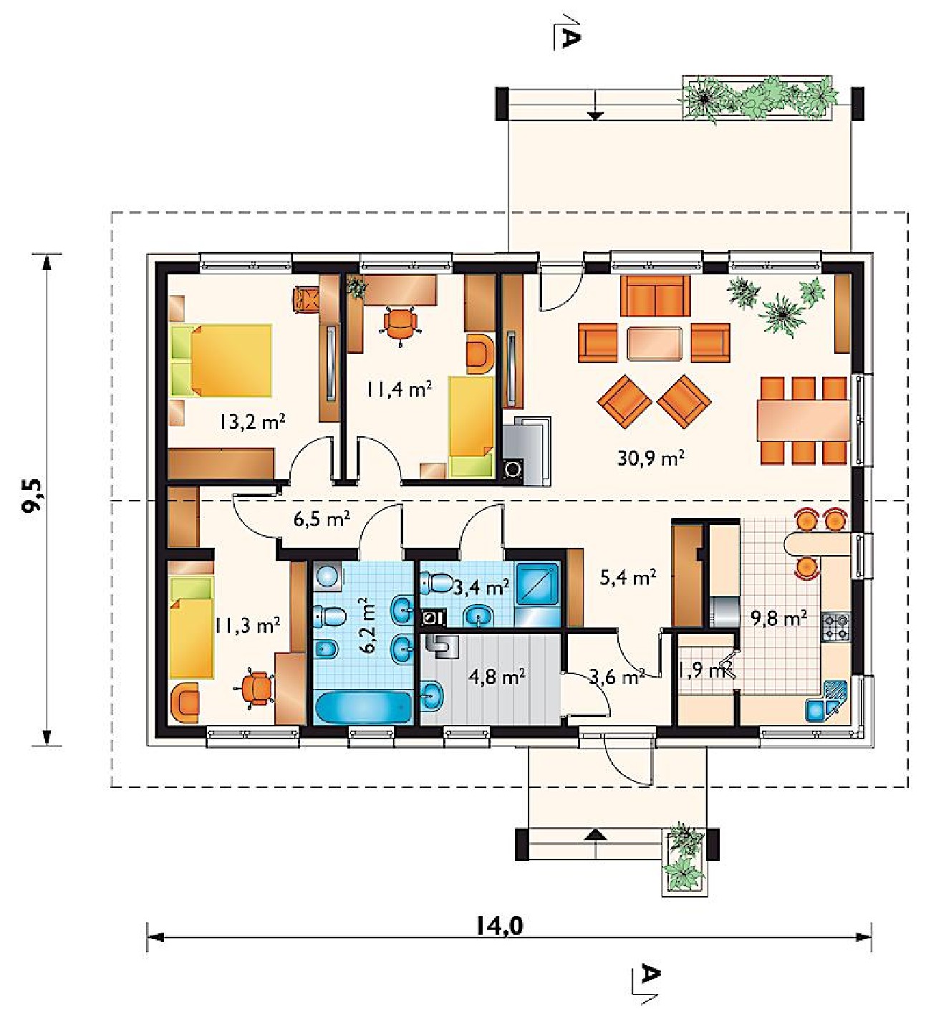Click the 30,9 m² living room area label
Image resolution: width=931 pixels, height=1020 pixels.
650,458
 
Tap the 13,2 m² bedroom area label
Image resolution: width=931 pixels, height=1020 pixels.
252,421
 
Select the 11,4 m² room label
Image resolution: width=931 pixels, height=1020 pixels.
399,390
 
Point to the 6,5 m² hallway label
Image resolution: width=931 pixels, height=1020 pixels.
322,519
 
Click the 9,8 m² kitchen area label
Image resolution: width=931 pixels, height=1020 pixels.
779,618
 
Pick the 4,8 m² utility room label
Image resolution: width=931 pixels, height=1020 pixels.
496,677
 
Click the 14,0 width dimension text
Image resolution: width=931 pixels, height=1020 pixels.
500,926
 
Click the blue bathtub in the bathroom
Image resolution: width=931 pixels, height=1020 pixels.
364,707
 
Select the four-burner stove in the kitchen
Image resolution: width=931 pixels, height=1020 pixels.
836,627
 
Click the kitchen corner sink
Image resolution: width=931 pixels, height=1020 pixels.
826,700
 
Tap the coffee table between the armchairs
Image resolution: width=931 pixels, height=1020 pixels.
655,344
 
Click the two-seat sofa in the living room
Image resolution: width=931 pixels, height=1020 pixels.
655,296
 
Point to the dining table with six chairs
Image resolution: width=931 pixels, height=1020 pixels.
803,420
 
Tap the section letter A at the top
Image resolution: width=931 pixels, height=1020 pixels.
569,39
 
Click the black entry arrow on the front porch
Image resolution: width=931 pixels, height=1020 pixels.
597,835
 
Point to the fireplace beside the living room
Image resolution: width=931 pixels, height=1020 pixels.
526,451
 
